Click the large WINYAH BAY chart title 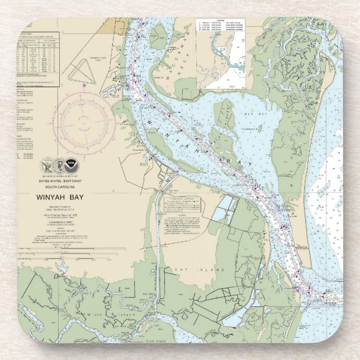tap(60, 197)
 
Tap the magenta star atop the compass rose tap(84, 85)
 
